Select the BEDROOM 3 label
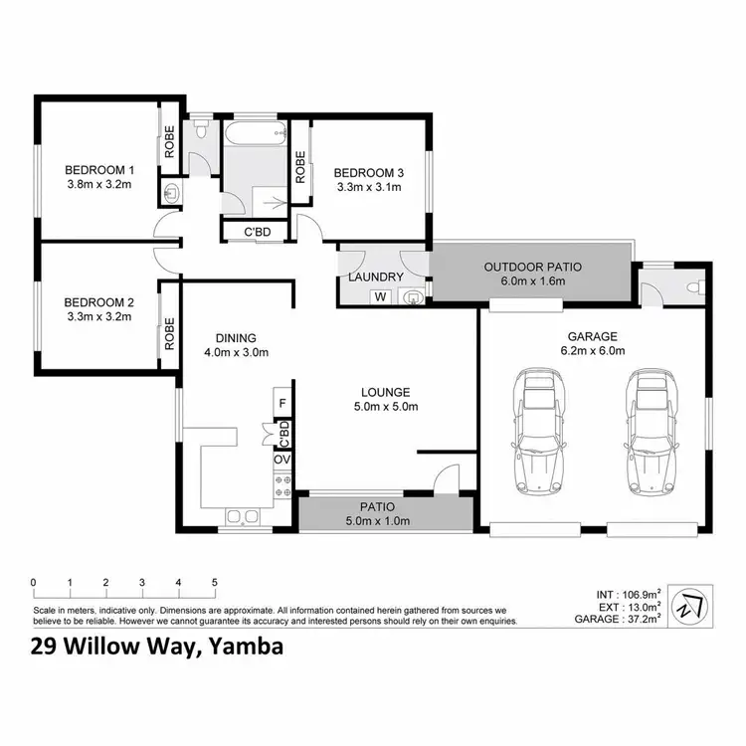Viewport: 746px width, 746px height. tap(368, 169)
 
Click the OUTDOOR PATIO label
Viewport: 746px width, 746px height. tap(532, 267)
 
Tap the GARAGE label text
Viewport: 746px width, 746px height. tap(594, 336)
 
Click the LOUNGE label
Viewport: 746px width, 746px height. tap(386, 392)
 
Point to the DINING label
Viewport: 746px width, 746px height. tap(235, 336)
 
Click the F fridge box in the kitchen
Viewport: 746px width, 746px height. tap(282, 403)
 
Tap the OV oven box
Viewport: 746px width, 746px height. tap(282, 460)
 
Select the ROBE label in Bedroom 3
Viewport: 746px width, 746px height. tap(299, 165)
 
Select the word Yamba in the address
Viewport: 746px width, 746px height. tap(245, 648)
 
